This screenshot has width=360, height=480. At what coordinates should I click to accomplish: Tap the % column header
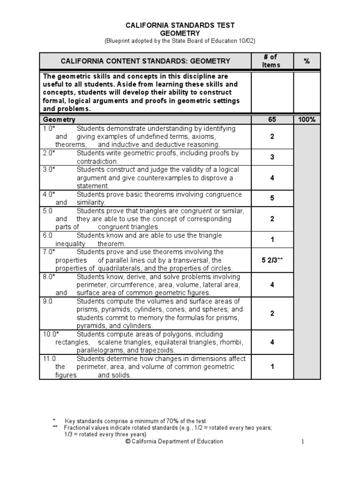tap(307, 61)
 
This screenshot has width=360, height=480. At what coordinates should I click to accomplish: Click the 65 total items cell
tap(272, 120)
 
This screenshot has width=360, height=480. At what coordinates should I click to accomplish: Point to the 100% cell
tap(307, 120)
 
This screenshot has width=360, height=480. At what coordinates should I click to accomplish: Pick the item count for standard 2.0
tap(272, 157)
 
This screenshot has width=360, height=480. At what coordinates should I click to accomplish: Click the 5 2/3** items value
tap(272, 260)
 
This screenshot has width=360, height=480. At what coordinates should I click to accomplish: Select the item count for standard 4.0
tap(272, 198)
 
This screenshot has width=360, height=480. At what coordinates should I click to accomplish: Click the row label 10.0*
tap(50, 334)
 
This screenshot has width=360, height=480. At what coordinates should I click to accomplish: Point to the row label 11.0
tap(49, 359)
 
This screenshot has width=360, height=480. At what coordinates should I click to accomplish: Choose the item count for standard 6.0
tap(272, 240)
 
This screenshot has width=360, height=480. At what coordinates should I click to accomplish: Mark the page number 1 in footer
tap(303, 441)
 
